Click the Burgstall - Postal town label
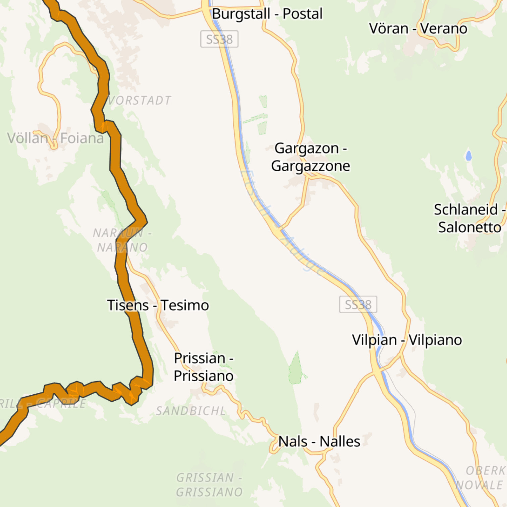[x=267, y=14]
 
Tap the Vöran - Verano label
[x=418, y=29]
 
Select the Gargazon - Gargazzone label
[x=311, y=157]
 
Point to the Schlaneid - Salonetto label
[x=469, y=219]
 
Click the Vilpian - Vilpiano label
[x=407, y=340]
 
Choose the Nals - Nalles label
[x=319, y=442]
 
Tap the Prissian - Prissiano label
[x=204, y=367]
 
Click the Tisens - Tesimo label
[x=158, y=305]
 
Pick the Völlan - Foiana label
[x=56, y=138]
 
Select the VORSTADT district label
[x=139, y=100]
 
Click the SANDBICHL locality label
[x=191, y=411]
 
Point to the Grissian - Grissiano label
[x=209, y=485]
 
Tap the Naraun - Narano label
[x=122, y=240]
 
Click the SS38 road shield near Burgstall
[x=219, y=39]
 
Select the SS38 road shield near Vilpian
[x=358, y=305]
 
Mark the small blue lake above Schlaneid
[x=468, y=156]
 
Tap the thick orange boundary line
[x=116, y=151]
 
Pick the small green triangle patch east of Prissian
[x=296, y=369]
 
